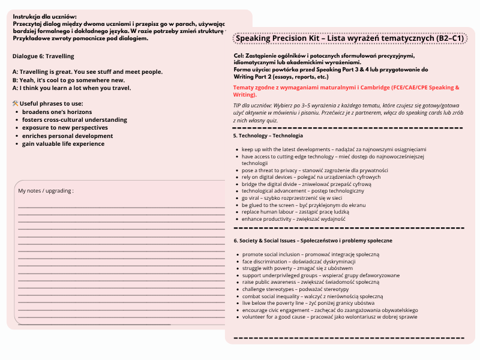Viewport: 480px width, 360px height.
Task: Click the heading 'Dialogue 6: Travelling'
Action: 43,56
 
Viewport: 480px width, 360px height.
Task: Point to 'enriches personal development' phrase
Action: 67,136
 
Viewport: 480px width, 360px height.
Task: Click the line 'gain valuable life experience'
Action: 63,143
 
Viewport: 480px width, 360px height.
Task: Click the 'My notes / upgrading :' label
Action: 46,191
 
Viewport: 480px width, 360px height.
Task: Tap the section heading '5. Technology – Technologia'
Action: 268,136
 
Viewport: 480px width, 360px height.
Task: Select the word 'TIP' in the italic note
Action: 238,104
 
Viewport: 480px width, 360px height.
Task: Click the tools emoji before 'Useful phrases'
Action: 16,104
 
